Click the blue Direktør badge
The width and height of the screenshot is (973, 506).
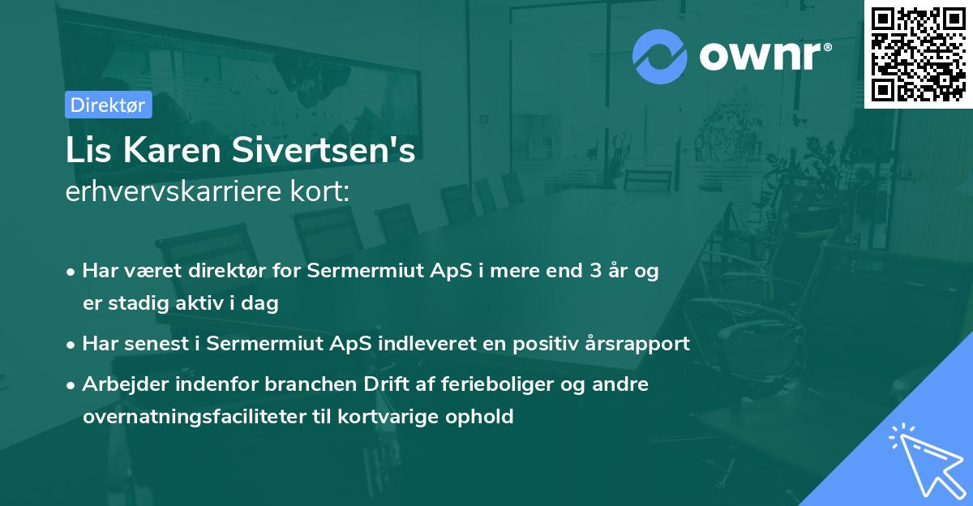tap(108, 105)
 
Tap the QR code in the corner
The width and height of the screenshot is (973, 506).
tap(917, 54)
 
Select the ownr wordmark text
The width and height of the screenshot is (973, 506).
tap(762, 56)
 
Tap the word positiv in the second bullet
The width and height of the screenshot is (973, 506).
tap(540, 344)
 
